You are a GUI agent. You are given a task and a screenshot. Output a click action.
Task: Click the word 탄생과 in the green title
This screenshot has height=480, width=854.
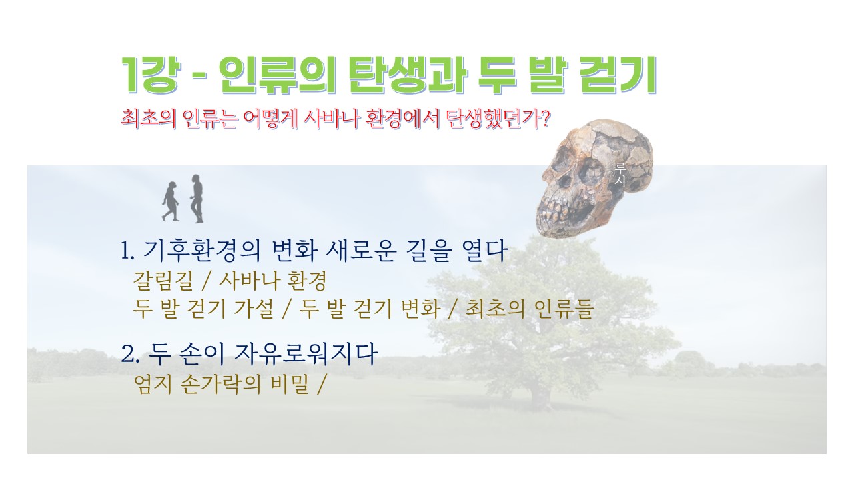click(x=408, y=75)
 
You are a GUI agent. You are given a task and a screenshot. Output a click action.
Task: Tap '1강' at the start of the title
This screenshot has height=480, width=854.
click(x=149, y=75)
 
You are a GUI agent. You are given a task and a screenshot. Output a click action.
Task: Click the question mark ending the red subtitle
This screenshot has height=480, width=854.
click(x=545, y=119)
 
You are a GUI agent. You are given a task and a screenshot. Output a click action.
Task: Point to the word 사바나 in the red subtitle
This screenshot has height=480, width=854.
click(x=331, y=119)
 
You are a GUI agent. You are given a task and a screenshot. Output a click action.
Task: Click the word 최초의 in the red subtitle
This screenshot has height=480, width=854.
click(x=149, y=119)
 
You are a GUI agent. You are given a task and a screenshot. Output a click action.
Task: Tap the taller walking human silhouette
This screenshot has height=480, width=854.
click(x=197, y=199)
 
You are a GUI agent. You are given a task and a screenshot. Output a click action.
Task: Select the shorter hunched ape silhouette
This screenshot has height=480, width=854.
click(x=170, y=201)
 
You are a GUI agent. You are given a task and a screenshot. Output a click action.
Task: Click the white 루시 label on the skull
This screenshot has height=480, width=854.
click(x=620, y=174)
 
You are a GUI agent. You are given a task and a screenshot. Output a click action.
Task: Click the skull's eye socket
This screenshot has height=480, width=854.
click(x=591, y=172)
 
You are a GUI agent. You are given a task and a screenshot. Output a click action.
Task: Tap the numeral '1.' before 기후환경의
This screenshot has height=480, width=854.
click(x=127, y=251)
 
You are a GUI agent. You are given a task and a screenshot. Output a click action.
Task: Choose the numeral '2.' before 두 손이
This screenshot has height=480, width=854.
click(x=129, y=353)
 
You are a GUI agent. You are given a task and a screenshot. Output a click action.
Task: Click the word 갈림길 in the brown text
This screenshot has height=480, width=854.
click(x=163, y=281)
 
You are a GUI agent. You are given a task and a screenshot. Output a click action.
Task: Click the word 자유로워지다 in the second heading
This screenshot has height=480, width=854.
click(x=306, y=353)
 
